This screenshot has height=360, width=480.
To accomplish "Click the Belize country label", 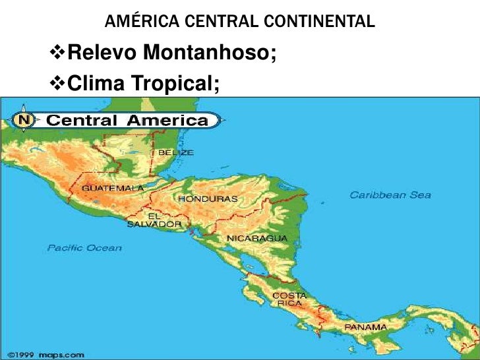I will coord(175,152).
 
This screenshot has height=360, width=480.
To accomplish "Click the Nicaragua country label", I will coord(257,237).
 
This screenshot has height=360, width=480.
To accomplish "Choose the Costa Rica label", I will coord(290,299).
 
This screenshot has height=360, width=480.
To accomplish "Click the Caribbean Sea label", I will coord(390,195).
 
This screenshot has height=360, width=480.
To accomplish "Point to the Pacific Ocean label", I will coord(84,248).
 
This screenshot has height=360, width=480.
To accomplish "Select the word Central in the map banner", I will coord(80,120).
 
